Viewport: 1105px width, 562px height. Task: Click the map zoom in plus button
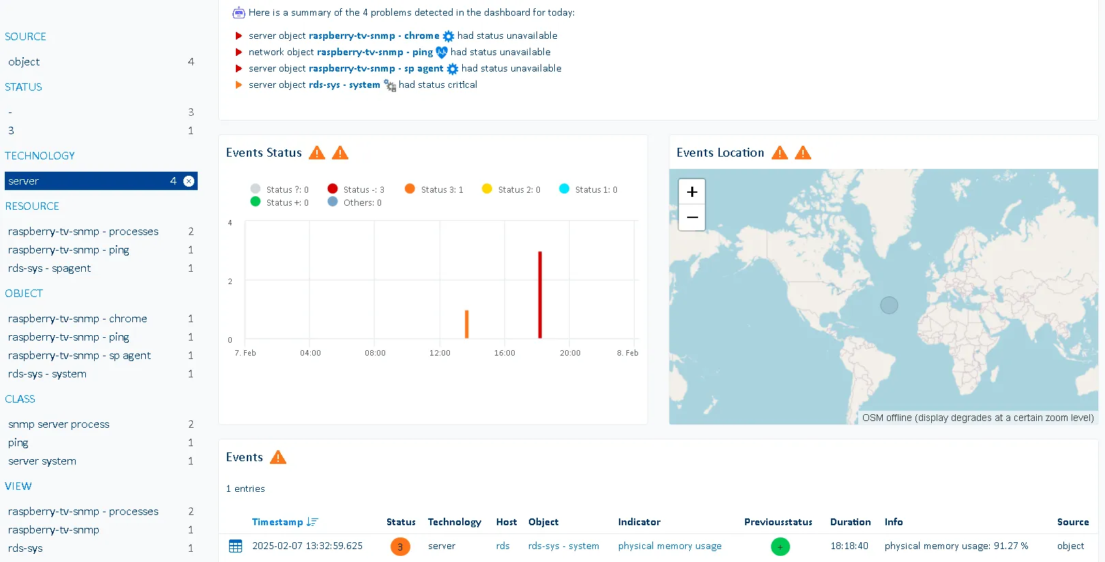692,192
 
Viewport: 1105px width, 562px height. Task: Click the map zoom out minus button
692,218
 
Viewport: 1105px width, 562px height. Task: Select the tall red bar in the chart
540,294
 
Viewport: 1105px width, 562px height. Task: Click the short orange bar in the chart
467,324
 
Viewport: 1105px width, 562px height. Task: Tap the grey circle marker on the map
889,305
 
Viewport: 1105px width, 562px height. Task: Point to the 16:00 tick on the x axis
504,353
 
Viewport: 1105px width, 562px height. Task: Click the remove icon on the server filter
189,181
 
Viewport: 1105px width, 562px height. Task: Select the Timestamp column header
277,522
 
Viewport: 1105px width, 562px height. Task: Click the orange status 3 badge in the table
400,546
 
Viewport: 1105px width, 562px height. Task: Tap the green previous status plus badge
780,546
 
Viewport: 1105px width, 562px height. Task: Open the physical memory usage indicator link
669,546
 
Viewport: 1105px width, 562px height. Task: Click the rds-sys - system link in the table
563,546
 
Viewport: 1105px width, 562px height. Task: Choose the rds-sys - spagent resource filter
49,268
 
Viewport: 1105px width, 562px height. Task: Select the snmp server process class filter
59,424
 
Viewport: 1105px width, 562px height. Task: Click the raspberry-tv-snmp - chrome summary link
374,35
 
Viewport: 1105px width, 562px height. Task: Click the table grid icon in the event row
236,546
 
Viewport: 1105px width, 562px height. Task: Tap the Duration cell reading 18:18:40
849,546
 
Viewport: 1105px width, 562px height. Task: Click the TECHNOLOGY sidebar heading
40,156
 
